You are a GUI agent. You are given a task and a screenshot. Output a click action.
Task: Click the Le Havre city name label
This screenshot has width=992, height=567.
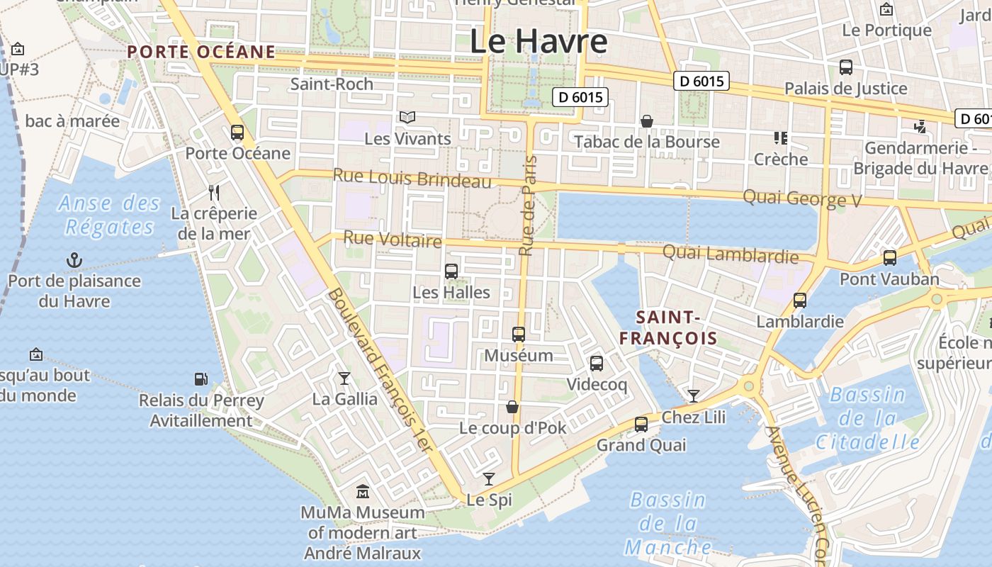pyautogui.click(x=539, y=41)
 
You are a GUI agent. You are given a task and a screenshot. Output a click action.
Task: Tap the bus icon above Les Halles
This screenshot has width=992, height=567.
pyautogui.click(x=451, y=271)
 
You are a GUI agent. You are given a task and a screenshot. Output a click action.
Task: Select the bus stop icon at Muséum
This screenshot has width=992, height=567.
pyautogui.click(x=519, y=335)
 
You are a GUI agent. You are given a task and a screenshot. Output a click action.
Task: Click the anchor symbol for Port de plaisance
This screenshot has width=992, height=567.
pyautogui.click(x=74, y=260)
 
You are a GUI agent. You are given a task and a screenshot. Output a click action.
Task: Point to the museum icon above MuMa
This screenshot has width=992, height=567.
pyautogui.click(x=363, y=491)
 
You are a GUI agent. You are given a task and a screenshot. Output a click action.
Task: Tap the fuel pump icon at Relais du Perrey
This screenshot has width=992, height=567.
pyautogui.click(x=201, y=380)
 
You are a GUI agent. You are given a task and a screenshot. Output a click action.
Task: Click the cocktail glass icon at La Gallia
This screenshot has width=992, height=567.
pyautogui.click(x=344, y=378)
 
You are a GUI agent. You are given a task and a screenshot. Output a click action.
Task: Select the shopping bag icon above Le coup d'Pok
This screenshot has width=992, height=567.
pyautogui.click(x=512, y=407)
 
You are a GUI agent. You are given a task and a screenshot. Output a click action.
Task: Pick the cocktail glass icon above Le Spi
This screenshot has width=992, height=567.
pyautogui.click(x=488, y=478)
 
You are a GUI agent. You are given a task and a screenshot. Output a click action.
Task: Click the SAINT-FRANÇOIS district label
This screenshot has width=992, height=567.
pyautogui.click(x=668, y=327)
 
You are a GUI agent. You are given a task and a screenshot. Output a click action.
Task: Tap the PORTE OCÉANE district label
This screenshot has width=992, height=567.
pyautogui.click(x=201, y=52)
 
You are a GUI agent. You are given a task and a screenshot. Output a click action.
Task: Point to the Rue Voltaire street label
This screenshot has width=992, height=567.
pyautogui.click(x=393, y=239)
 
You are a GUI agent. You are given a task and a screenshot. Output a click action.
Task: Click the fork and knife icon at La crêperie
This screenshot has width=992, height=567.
pyautogui.click(x=214, y=192)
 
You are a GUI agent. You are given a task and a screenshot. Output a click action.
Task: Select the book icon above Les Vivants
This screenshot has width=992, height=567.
pyautogui.click(x=407, y=117)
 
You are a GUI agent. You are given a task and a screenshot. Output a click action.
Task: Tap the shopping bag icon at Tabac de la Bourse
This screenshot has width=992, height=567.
pyautogui.click(x=646, y=121)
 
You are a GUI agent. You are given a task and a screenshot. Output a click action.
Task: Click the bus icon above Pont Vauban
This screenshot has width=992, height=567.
pyautogui.click(x=889, y=258)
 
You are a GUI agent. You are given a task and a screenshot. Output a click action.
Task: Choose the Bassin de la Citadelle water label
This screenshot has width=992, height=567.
pyautogui.click(x=867, y=418)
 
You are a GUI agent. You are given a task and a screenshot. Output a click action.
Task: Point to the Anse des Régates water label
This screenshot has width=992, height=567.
pyautogui.click(x=109, y=215)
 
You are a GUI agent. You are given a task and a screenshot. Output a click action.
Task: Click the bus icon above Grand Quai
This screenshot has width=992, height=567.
pyautogui.click(x=641, y=424)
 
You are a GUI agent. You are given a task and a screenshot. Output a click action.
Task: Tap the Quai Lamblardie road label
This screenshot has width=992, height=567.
pyautogui.click(x=730, y=253)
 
